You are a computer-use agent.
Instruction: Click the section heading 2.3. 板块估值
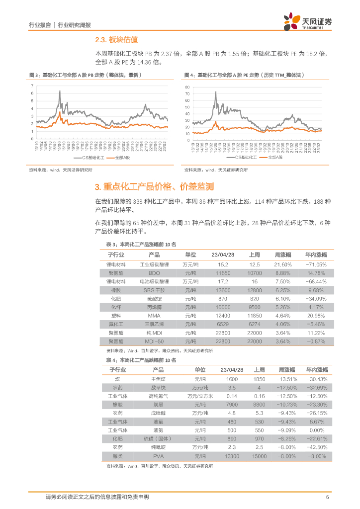(x=116, y=40)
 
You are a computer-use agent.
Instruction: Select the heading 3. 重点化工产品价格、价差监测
(x=154, y=187)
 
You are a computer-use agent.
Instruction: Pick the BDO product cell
(x=154, y=273)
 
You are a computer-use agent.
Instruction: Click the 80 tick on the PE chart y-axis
(x=187, y=87)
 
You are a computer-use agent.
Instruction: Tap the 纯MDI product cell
(x=154, y=333)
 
